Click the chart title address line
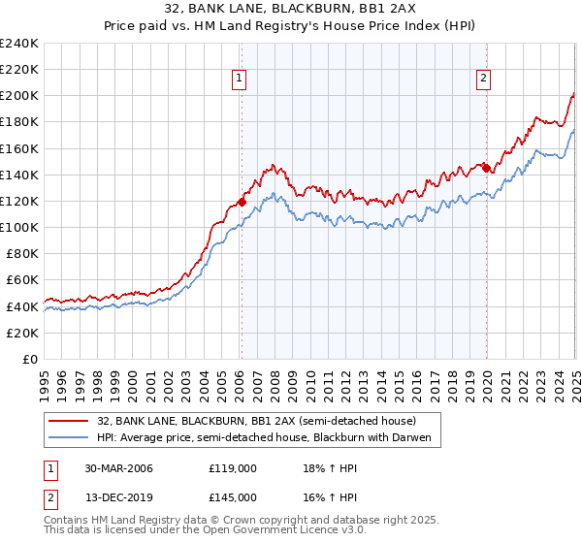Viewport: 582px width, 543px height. (290, 10)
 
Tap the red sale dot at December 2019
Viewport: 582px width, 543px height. (486, 168)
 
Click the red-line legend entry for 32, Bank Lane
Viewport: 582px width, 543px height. (256, 421)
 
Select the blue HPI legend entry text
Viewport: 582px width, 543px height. (270, 438)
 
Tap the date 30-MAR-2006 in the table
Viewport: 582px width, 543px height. (118, 468)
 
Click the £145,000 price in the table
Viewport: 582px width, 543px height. (233, 496)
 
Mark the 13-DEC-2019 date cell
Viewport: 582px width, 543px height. (118, 496)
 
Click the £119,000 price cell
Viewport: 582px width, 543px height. (233, 468)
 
